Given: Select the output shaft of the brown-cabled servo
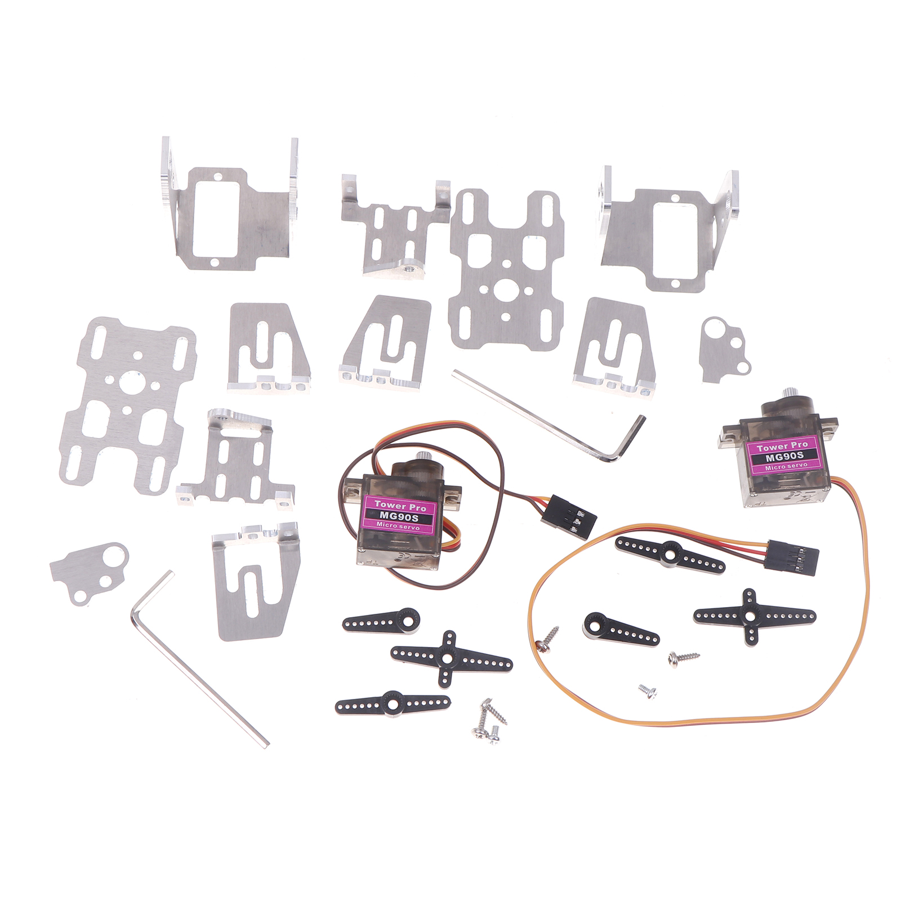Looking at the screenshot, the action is click(422, 458).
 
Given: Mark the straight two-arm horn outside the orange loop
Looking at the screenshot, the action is click(392, 703).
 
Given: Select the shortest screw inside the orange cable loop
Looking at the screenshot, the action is click(648, 691).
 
